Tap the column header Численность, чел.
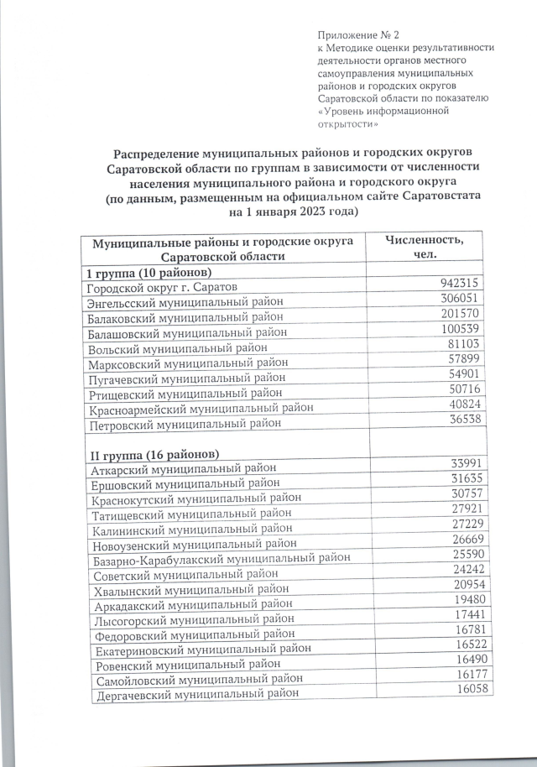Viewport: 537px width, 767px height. (x=426, y=248)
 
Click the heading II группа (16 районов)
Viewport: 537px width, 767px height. (x=155, y=454)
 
